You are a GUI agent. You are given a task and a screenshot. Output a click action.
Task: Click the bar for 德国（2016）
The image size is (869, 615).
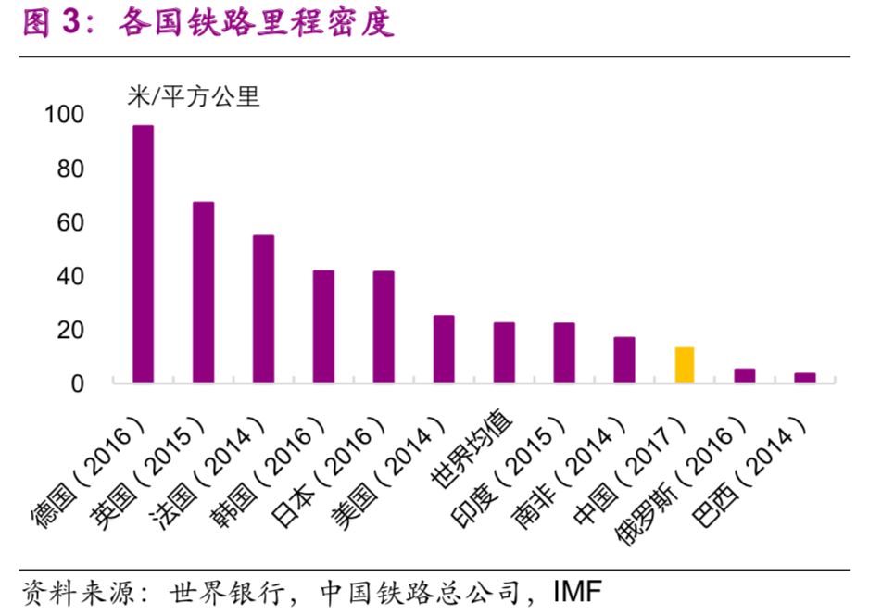tap(143, 254)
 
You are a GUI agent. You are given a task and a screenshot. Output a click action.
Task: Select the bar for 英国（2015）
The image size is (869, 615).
tap(203, 292)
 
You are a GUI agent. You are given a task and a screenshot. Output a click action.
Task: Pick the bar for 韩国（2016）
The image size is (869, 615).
tap(323, 326)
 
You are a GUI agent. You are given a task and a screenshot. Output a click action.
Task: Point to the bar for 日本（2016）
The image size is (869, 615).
tap(384, 327)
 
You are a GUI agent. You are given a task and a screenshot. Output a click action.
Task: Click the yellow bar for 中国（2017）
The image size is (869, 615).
tap(685, 365)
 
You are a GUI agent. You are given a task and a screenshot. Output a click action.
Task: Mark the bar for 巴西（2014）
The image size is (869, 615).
tap(805, 378)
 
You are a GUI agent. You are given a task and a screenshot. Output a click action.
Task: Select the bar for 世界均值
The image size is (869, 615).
tap(504, 352)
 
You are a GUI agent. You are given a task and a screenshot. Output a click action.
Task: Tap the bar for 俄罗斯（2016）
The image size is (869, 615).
tap(745, 375)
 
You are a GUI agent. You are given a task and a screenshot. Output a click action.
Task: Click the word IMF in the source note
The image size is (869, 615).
tap(577, 590)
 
